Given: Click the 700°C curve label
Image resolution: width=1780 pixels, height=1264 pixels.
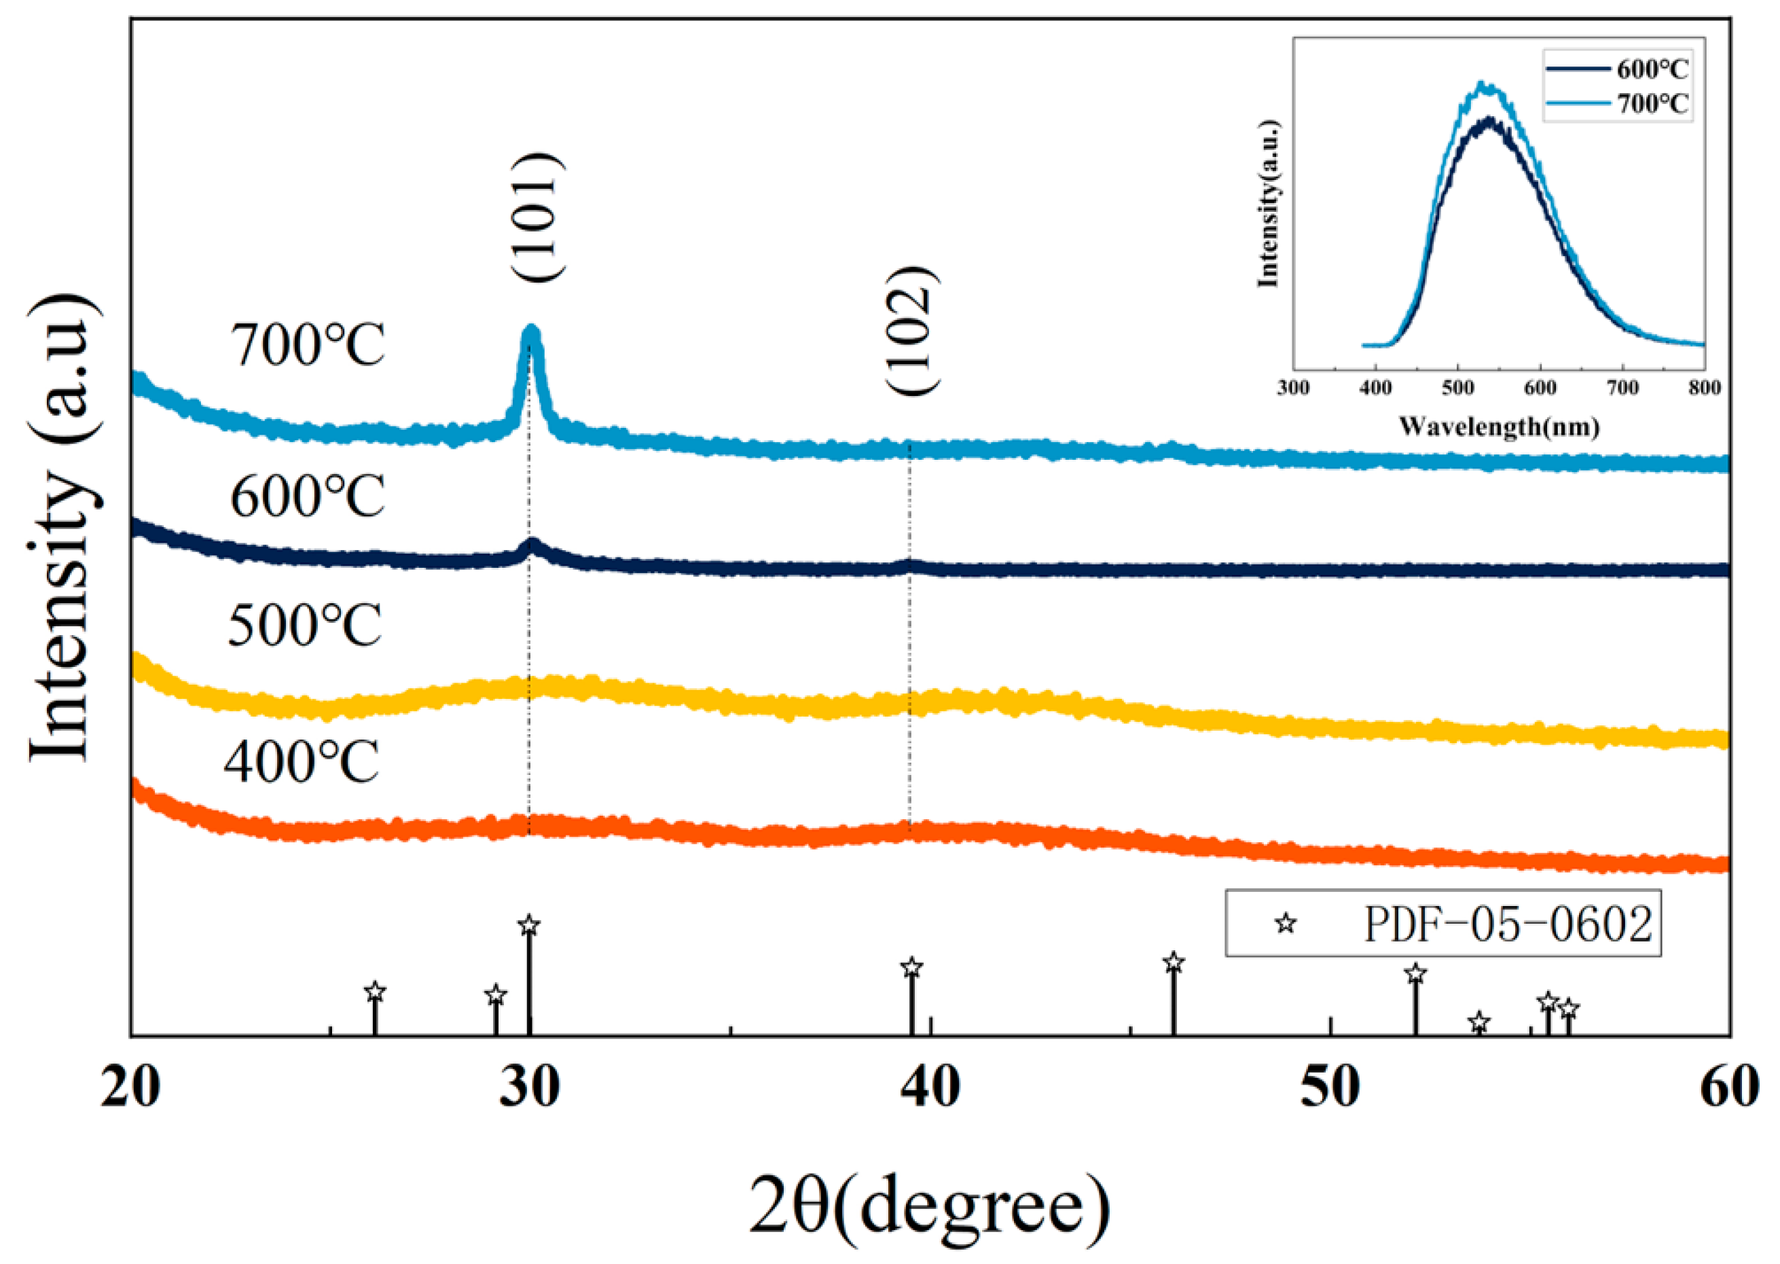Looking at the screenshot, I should click(308, 346).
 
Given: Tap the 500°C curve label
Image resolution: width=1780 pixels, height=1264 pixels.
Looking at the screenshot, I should click(305, 626).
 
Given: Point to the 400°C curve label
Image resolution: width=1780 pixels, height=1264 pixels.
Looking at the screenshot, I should click(302, 761).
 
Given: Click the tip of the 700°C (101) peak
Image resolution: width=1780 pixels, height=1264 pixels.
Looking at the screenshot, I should click(531, 331).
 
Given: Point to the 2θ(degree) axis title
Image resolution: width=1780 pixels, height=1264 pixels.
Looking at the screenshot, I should click(930, 1206).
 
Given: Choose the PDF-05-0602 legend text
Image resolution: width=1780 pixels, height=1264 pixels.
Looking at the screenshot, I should click(1508, 924).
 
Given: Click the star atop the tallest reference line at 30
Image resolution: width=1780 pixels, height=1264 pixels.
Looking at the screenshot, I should click(529, 926).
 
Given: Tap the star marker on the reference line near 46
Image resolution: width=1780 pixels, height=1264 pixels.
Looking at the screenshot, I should click(1174, 963).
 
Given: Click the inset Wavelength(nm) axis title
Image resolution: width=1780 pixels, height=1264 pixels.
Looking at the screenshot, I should click(1498, 426).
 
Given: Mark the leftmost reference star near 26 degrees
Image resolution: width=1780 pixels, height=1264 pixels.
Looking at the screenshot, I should click(375, 992).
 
